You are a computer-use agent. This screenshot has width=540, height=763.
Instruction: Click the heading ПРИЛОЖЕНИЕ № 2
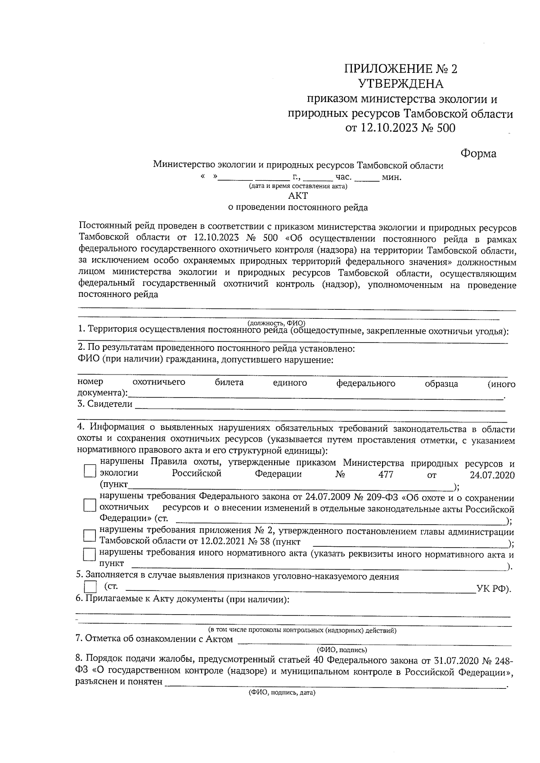coord(400,69)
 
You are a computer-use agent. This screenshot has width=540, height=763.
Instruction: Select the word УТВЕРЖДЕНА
coord(400,84)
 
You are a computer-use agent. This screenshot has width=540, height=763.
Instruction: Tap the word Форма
coord(478,154)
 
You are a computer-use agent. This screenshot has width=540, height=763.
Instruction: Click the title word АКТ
coord(298,196)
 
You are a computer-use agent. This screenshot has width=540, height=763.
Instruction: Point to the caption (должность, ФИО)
coord(276,323)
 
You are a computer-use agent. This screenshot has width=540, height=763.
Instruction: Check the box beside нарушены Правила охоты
coord(90,471)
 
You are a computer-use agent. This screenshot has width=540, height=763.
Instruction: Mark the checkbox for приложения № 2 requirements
coord(90,535)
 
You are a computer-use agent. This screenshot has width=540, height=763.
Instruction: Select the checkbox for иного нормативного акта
coord(90,555)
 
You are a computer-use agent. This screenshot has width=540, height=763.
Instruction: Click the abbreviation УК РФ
coord(493,589)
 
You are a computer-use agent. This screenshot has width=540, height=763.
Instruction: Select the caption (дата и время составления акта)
coord(298,186)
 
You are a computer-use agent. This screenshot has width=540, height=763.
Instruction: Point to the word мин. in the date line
coord(391,177)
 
